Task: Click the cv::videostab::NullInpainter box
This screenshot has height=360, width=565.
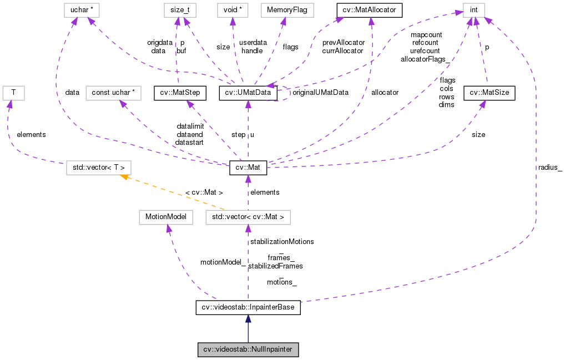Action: click(248, 350)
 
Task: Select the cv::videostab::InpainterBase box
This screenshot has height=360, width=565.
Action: click(248, 307)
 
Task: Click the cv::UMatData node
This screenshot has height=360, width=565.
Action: click(248, 93)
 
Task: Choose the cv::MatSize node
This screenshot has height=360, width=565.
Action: click(490, 93)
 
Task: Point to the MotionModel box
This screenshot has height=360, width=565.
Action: click(165, 217)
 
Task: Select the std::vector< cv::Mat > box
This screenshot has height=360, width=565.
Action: click(248, 217)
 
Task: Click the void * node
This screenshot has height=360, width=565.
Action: click(233, 10)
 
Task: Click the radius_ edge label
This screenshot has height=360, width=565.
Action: click(549, 168)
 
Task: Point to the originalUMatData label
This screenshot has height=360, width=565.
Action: click(320, 93)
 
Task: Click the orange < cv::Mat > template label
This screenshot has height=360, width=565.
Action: click(203, 192)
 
